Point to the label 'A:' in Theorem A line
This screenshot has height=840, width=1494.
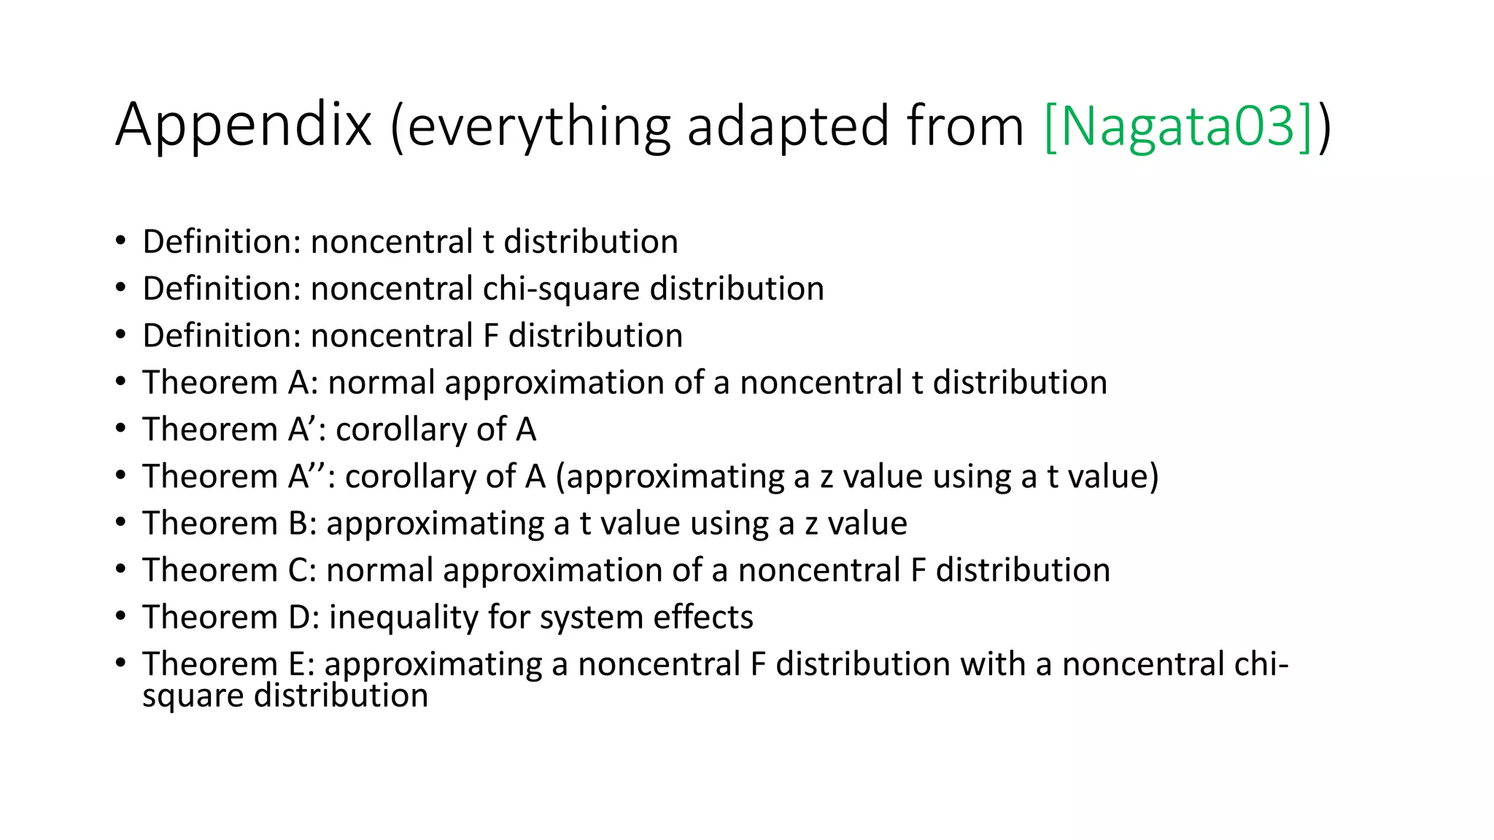pos(303,383)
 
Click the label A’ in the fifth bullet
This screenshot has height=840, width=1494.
pos(306,429)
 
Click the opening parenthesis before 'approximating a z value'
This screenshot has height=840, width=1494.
pos(560,477)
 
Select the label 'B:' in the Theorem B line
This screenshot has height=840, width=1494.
pos(303,524)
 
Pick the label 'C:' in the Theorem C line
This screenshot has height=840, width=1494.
pos(303,570)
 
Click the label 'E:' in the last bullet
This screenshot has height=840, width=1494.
pos(301,664)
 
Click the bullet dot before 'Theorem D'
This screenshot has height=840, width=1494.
pos(120,617)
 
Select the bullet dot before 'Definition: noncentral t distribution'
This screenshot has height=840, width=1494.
pos(120,241)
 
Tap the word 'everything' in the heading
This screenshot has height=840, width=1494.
pos(538,127)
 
